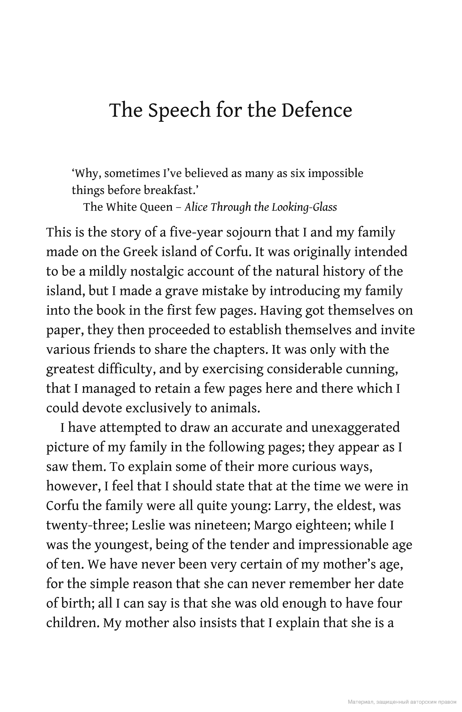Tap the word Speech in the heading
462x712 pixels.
point(179,111)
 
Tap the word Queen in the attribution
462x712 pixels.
point(156,207)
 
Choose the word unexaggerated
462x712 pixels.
point(356,427)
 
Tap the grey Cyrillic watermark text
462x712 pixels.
point(402,702)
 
